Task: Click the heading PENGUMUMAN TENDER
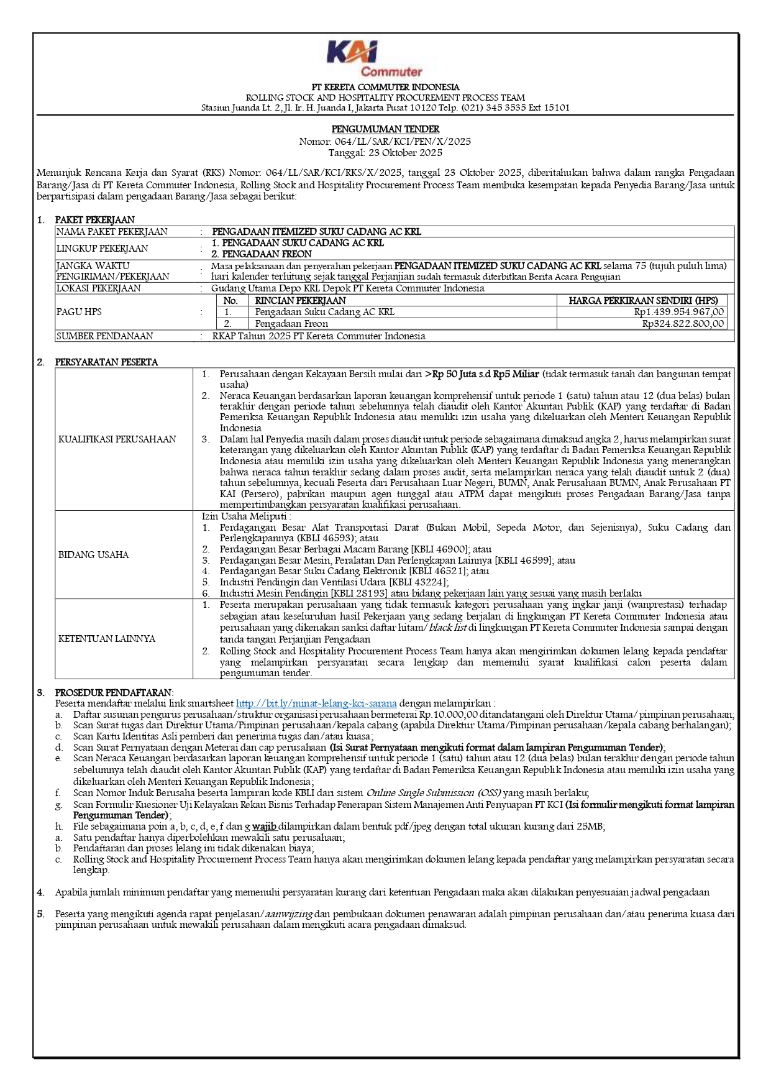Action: (385, 129)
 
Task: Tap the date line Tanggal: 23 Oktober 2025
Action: (385, 152)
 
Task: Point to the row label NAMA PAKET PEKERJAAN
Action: (112, 232)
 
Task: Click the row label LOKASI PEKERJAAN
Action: (98, 288)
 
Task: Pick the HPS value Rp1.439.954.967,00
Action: (678, 312)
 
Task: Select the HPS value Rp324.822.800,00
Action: (683, 324)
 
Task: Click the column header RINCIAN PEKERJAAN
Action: (301, 301)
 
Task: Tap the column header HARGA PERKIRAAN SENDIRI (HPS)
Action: (643, 301)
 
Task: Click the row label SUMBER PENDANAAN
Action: (104, 336)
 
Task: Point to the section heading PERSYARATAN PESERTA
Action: (106, 362)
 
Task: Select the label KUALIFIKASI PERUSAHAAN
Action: (117, 439)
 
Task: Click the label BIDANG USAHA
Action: (93, 555)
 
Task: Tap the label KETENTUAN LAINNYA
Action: (106, 639)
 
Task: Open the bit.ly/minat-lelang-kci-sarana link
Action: (316, 703)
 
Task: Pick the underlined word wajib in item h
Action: (264, 827)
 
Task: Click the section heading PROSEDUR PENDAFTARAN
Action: (114, 692)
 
